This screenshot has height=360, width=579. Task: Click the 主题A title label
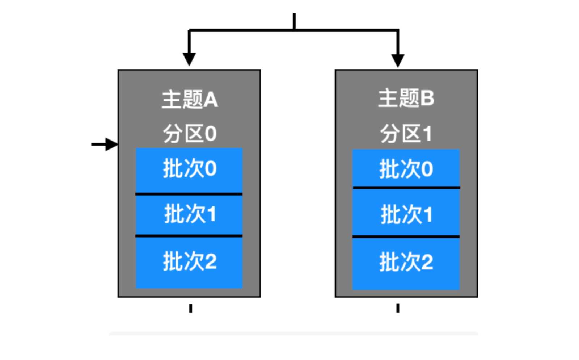(x=190, y=100)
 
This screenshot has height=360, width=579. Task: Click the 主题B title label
(x=406, y=98)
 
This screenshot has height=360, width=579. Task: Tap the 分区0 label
(x=190, y=134)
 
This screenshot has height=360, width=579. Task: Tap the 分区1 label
(x=406, y=134)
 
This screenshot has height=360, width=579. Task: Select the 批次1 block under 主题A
(x=189, y=214)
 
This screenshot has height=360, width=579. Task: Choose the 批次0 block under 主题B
(x=406, y=169)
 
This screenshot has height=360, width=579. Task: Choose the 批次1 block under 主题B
(x=406, y=214)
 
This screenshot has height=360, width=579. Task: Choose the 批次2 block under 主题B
(x=406, y=263)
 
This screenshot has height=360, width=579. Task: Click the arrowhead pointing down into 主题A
(x=189, y=59)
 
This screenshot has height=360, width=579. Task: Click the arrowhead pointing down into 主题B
(x=398, y=60)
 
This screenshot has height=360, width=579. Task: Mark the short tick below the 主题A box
(x=191, y=308)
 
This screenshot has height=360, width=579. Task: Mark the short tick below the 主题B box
(x=398, y=308)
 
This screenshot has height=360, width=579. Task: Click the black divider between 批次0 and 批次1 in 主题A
(x=189, y=194)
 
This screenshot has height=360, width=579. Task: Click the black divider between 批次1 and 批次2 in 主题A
(x=189, y=236)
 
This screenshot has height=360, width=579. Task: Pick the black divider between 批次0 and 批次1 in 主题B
(x=406, y=188)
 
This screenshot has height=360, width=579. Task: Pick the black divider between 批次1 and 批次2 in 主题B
(x=406, y=236)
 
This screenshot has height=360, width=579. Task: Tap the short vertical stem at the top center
(x=294, y=21)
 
